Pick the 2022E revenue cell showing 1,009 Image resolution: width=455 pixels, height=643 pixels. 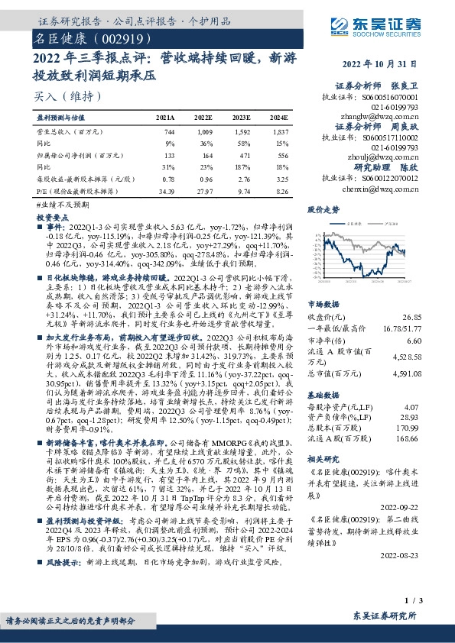click(x=204, y=133)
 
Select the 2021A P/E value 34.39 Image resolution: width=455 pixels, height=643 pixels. click(x=165, y=190)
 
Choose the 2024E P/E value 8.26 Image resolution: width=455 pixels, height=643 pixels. click(x=279, y=190)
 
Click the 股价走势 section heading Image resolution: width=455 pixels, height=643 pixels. click(x=323, y=208)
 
